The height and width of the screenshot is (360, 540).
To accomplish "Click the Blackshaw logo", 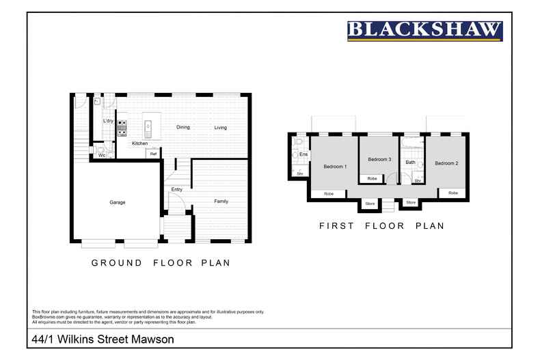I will coord(424,31).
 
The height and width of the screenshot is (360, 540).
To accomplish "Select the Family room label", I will coord(221,202).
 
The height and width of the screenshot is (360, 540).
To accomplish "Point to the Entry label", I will coord(176,189).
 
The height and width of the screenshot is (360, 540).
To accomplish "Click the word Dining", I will coord(183,128).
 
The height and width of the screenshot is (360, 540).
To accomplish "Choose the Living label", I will coord(220,128).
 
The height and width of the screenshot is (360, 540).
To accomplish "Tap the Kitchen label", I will coord(139,143).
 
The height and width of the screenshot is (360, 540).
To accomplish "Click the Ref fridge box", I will coord(153,154).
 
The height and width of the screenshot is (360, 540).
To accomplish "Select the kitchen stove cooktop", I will coord(122,126).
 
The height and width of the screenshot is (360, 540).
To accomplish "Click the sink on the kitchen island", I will coord(147,126).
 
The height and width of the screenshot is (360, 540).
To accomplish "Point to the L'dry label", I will coord(108,121).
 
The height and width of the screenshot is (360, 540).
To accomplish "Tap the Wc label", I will coord(101,155).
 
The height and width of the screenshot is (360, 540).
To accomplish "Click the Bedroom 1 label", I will coord(335,167).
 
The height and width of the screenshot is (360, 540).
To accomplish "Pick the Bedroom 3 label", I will coord(379,159).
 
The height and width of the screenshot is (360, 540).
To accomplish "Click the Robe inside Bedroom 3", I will coord(372,178).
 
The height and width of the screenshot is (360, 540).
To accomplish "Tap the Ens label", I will coord(303,154).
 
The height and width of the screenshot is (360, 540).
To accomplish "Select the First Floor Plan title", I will coord(381,225).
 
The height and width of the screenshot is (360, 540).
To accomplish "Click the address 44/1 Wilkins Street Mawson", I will coord(103,339).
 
